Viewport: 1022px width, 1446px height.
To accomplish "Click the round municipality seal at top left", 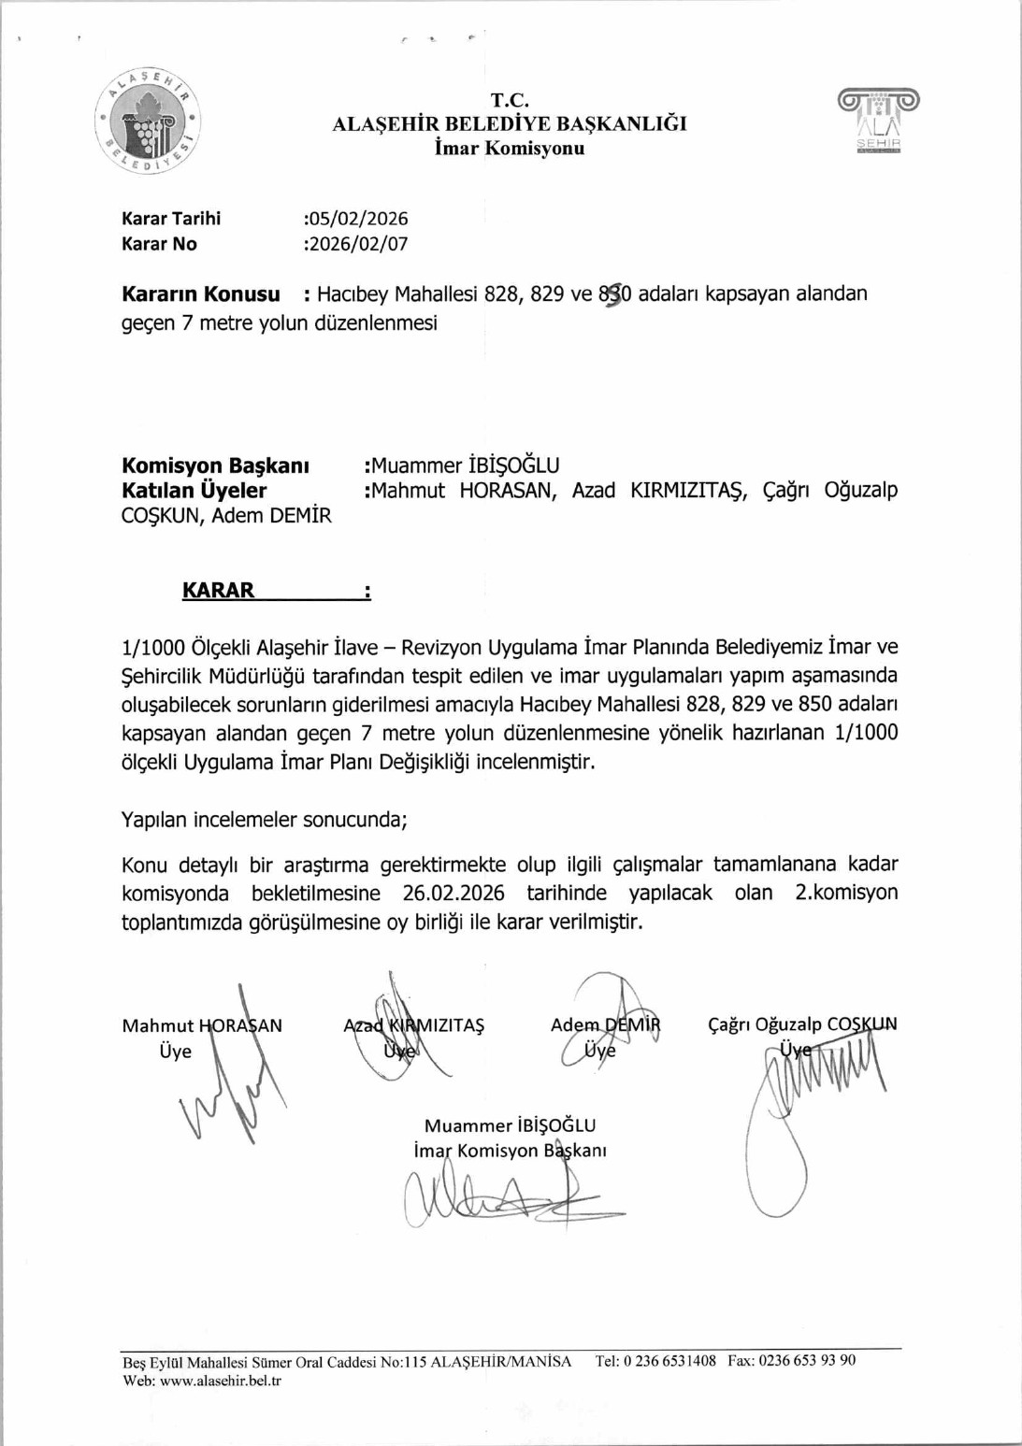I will point(148,122).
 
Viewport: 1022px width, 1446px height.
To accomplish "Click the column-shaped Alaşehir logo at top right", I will point(878,121).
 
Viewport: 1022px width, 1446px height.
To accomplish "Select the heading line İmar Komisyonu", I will point(510,149).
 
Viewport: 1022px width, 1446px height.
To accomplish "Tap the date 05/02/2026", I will point(358,219).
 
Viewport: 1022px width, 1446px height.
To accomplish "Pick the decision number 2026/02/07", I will point(358,244).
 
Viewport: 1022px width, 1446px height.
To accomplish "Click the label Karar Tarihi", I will point(171,219).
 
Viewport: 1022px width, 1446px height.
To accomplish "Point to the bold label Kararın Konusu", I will point(201,294).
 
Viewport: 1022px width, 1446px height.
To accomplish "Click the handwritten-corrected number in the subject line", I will point(614,294).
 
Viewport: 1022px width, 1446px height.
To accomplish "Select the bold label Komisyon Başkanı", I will point(215,465).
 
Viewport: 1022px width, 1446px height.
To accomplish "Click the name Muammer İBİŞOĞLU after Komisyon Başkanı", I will point(465,465).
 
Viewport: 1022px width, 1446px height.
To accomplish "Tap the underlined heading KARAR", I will point(219,591).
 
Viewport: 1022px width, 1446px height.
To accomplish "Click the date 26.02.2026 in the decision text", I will point(453,893).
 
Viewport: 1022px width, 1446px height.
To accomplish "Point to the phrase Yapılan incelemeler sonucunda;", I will point(265,820).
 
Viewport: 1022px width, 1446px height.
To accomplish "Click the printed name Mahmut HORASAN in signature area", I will point(202,1025).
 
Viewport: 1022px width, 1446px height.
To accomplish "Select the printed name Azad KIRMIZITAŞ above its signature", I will point(413,1025).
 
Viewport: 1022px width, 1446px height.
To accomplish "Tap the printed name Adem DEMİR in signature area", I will point(605,1024).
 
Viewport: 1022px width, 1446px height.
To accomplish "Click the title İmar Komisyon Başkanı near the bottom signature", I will point(510,1151).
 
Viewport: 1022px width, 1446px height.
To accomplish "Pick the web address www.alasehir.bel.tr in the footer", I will point(221,1381).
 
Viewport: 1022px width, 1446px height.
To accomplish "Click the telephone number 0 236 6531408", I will point(669,1361).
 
